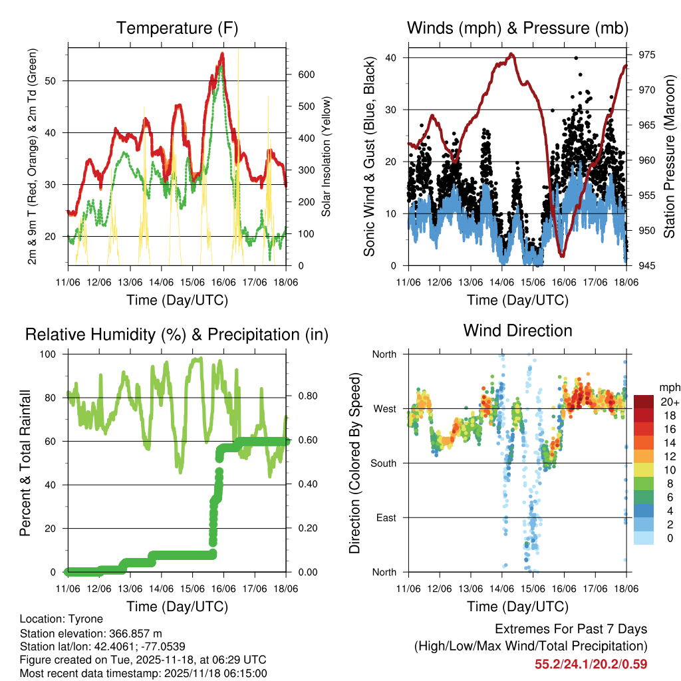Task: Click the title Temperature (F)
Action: [177, 29]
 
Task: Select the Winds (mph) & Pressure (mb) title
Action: [517, 29]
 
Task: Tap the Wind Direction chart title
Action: [517, 331]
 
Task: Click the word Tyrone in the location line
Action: [86, 618]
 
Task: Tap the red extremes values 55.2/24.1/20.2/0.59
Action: [591, 664]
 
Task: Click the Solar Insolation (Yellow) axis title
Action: [327, 157]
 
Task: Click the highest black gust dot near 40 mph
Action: [576, 58]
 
